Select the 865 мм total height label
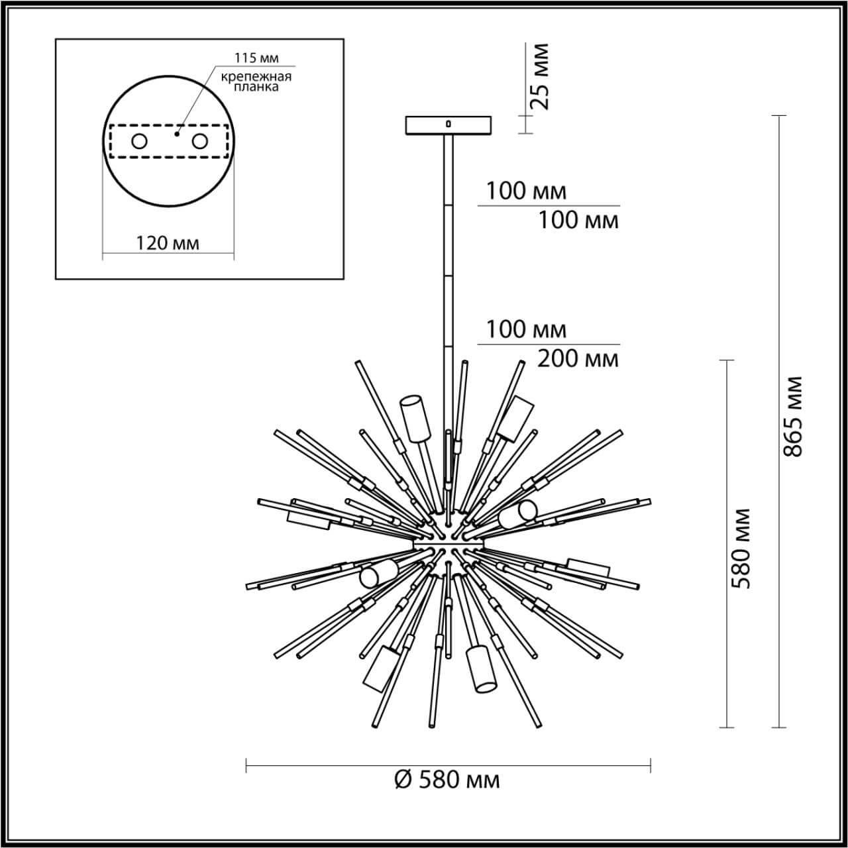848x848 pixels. click(x=793, y=416)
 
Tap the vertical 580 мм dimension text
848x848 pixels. click(x=741, y=549)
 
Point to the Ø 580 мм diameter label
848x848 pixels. click(x=447, y=780)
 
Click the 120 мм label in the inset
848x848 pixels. click(x=168, y=243)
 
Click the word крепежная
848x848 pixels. click(x=257, y=76)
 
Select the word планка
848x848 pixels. click(x=257, y=87)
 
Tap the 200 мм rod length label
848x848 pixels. click(x=578, y=359)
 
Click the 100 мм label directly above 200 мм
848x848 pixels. click(x=527, y=329)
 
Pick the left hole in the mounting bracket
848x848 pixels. click(x=140, y=141)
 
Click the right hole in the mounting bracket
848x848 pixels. click(x=199, y=141)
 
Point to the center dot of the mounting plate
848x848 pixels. click(x=176, y=134)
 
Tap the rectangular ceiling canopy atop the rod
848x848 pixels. click(x=449, y=125)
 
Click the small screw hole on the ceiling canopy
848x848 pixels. click(x=449, y=123)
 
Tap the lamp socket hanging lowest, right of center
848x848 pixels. click(x=481, y=670)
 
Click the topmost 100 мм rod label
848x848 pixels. click(x=527, y=191)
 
